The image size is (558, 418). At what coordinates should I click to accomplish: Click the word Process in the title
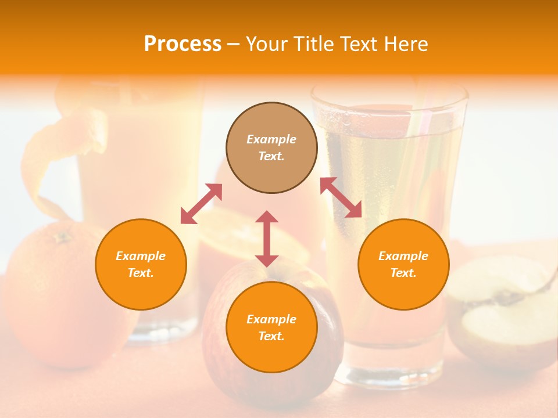[x=183, y=44]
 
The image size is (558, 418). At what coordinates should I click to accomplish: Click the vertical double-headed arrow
[x=267, y=239]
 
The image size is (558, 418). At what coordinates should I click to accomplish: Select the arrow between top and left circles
[x=201, y=204]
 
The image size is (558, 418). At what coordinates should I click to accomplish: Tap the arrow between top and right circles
[x=341, y=197]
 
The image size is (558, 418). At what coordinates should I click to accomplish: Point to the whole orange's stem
[x=60, y=236]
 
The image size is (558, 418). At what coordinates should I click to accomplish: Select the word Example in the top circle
[x=271, y=139]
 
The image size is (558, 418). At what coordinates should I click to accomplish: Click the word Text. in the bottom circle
[x=271, y=336]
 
